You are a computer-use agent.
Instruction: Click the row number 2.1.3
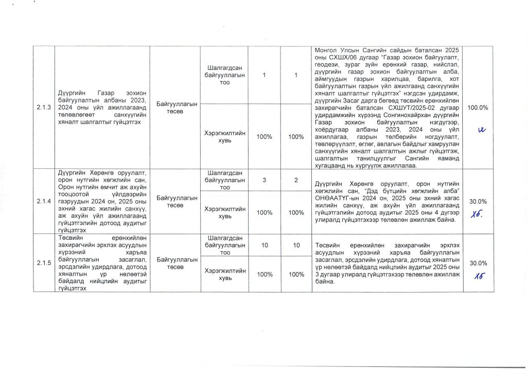44,107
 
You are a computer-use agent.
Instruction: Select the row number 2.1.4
44,201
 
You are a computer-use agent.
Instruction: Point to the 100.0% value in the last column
478,107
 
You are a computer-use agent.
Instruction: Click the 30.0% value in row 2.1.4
478,201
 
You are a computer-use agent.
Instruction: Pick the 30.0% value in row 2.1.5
478,263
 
